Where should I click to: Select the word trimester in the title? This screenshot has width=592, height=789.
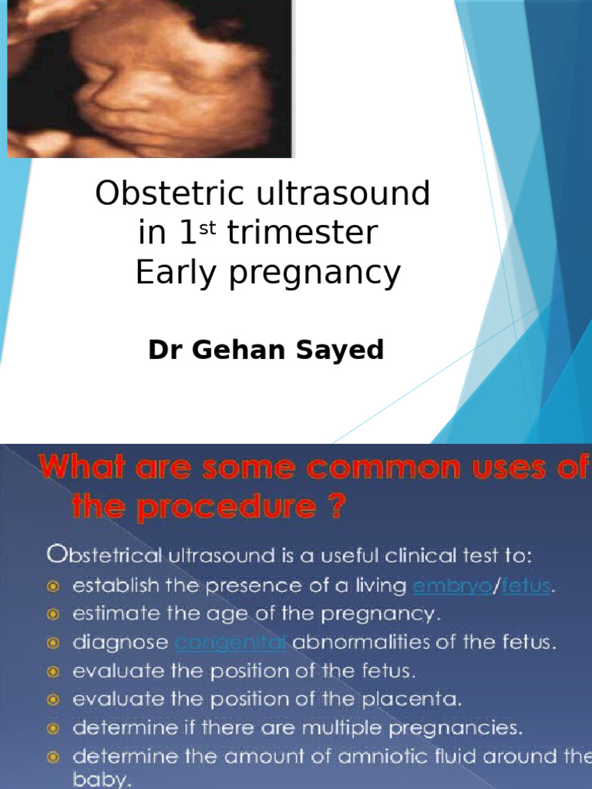[302, 233]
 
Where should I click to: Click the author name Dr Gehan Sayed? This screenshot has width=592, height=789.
[266, 350]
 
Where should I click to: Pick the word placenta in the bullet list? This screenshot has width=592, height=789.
[422, 699]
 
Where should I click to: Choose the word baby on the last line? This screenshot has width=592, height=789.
[101, 780]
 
